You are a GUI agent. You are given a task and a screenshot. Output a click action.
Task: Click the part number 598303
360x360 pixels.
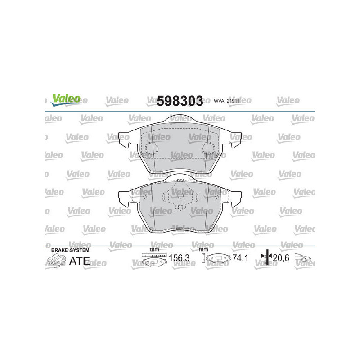pos(180,101)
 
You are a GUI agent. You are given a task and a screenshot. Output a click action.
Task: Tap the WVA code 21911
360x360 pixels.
pos(232,101)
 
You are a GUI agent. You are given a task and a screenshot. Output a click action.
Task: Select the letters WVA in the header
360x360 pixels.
pos(219,101)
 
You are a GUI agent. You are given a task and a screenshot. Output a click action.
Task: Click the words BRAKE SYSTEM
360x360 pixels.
pos(70,250)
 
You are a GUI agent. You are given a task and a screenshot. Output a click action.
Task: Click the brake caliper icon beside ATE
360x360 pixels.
pos(56,261)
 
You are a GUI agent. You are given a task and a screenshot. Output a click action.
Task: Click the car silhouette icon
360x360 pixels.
pos(305,259)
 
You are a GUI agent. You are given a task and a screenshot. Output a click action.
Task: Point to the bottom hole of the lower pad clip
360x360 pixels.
pos(180,207)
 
